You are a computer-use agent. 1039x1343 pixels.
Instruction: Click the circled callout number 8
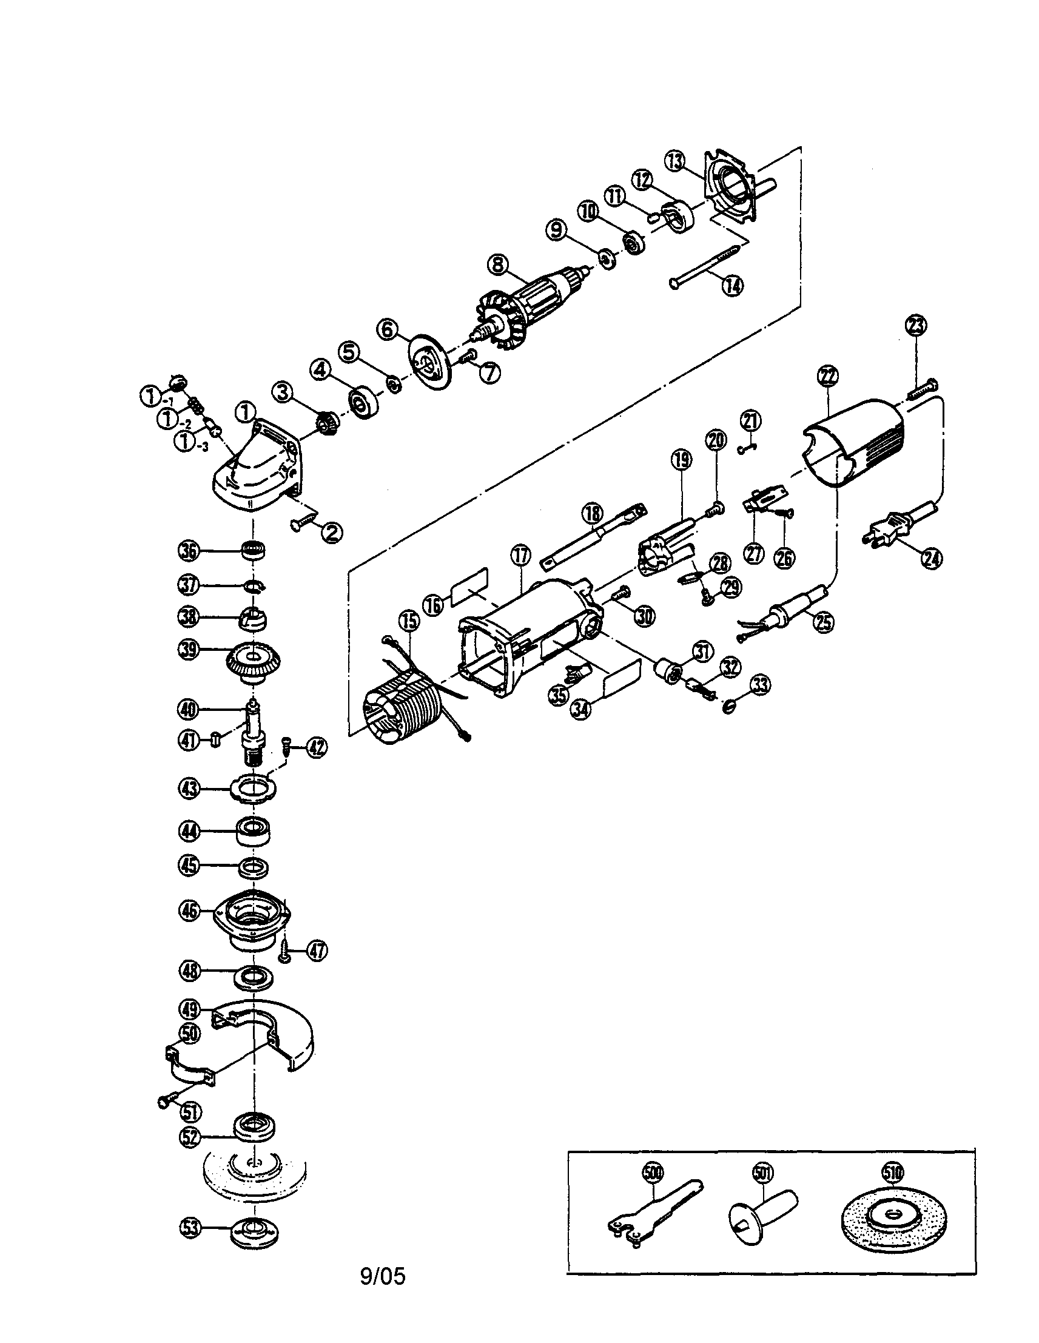click(497, 265)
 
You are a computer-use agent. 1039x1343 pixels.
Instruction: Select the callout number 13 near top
click(675, 162)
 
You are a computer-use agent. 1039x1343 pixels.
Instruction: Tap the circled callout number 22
click(827, 375)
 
